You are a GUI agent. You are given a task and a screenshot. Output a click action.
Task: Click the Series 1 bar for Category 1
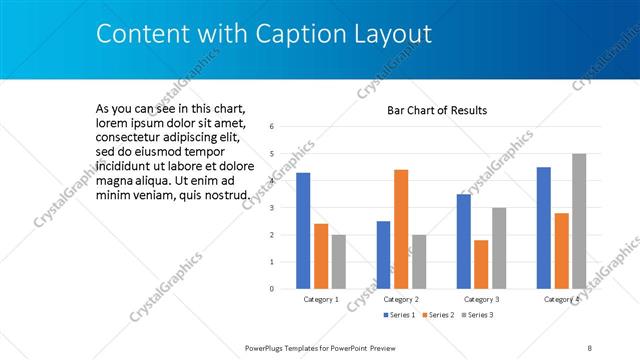(x=303, y=231)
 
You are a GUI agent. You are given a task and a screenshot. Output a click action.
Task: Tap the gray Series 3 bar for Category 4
(x=579, y=221)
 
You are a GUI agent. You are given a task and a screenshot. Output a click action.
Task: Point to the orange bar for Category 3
(x=481, y=264)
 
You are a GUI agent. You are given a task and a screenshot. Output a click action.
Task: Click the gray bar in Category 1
(x=339, y=261)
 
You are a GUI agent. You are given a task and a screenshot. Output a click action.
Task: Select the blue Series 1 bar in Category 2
(x=383, y=255)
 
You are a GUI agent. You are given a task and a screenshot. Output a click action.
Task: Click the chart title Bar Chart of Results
(x=437, y=110)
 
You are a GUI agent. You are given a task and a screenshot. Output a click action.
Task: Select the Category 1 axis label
(x=321, y=299)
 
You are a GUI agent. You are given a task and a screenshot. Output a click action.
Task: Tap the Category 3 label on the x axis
(x=481, y=299)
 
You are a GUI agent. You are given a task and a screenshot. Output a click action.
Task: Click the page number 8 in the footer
(x=590, y=347)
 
